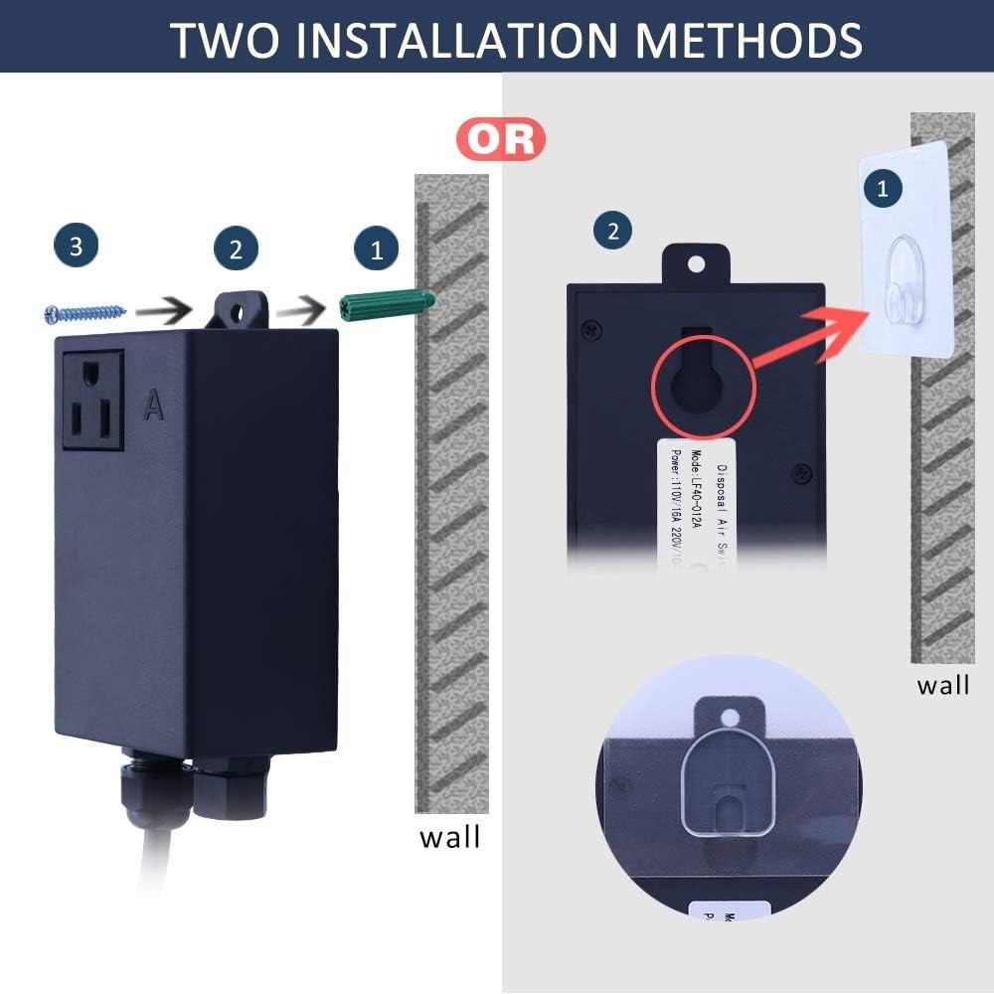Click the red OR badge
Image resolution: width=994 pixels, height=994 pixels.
tap(501, 139)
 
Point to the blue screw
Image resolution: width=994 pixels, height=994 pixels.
tap(84, 313)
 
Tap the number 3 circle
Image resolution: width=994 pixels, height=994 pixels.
tap(77, 247)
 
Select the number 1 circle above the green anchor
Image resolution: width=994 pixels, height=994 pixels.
tap(376, 248)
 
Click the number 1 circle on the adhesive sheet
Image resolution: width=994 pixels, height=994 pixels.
tap(883, 187)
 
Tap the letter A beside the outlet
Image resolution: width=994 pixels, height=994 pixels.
tap(153, 405)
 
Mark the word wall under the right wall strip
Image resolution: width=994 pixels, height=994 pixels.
tap(942, 685)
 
